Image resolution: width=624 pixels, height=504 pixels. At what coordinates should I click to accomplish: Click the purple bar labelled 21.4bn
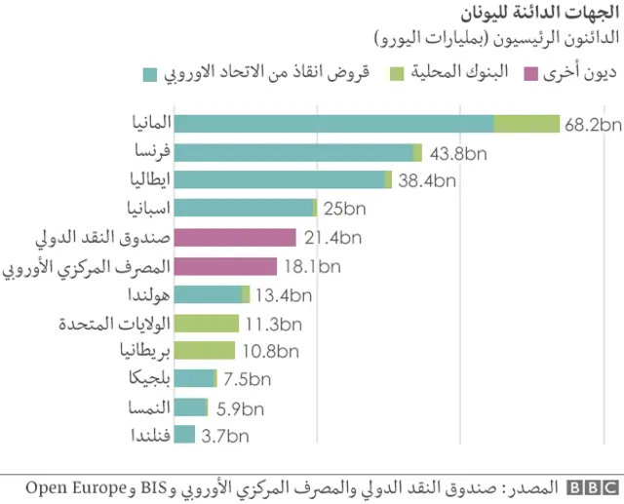235,238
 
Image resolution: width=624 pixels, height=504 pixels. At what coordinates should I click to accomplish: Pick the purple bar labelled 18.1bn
226,266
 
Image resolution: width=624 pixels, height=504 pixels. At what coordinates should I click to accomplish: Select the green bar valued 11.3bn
207,323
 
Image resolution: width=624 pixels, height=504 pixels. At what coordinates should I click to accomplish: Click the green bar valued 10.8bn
205,351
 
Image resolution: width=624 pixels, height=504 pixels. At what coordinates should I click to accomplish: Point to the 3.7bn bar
185,436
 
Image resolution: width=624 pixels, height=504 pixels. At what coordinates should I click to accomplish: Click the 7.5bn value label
246,380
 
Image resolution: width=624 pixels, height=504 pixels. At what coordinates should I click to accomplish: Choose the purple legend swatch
531,75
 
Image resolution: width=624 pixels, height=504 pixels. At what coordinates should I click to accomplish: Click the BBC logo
591,486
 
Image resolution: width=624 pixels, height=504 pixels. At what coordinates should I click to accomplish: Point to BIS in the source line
153,485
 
